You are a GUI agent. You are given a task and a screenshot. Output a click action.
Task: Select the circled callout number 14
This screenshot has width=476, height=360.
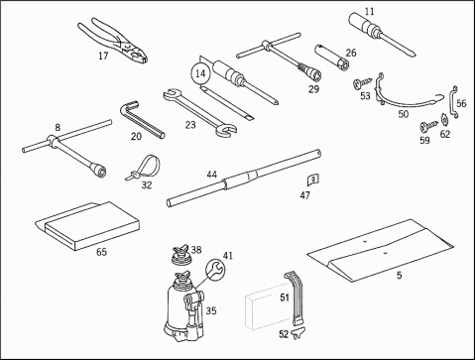tap(200, 73)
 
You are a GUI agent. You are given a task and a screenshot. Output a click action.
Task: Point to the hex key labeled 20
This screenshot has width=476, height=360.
tap(139, 119)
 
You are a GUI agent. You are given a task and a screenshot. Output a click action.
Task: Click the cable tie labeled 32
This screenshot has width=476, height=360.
tap(143, 168)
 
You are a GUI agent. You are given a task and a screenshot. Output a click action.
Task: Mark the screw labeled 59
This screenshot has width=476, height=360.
tap(428, 126)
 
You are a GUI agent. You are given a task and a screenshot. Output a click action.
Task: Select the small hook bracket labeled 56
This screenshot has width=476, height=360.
tap(453, 102)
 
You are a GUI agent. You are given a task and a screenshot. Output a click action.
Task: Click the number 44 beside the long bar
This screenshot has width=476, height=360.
tap(212, 175)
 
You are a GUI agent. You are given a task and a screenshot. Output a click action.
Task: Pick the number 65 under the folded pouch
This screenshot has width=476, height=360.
tap(101, 252)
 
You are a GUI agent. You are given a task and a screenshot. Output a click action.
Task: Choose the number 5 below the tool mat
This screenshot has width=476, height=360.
tap(400, 275)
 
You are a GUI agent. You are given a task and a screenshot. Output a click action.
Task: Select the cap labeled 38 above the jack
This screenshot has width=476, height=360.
tap(181, 255)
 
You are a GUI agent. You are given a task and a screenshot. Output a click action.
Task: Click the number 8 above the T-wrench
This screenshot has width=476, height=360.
tap(58, 127)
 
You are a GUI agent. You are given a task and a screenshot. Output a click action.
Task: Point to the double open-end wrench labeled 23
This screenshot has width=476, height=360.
tap(200, 112)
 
